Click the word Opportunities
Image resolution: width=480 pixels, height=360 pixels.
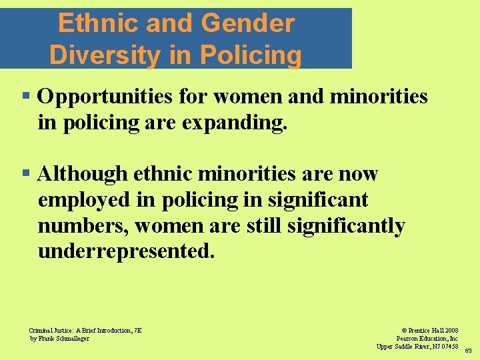coord(107,97)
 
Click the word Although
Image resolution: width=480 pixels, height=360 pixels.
coord(83,175)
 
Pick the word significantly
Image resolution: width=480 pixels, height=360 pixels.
coord(345,227)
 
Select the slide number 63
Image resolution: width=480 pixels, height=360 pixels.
coord(468,351)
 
